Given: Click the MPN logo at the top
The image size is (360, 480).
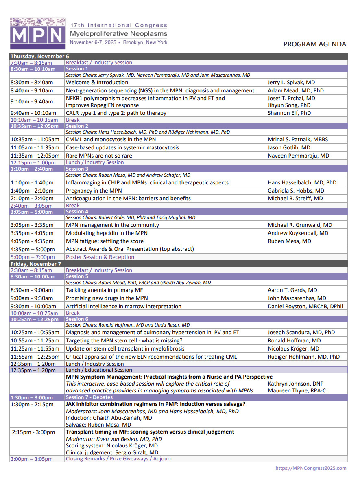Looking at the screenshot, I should (37, 31).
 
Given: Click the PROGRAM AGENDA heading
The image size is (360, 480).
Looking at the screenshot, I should (314, 44).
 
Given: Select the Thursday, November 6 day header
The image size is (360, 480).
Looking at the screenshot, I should (40, 57).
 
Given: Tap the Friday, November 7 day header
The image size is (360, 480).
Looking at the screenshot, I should (36, 264).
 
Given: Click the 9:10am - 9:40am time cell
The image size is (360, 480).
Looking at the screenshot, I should (32, 102).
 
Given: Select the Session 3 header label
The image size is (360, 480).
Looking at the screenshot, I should (77, 169).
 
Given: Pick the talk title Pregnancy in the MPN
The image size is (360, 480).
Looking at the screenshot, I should (94, 191).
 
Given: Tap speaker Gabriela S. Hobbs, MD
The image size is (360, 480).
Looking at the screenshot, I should (296, 191).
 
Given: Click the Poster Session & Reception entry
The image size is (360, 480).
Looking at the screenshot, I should (100, 257).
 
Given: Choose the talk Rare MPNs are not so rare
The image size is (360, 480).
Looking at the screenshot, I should (99, 156).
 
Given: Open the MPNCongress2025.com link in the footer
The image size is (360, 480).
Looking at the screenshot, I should (311, 468).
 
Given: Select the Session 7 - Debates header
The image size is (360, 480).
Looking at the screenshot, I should (89, 397).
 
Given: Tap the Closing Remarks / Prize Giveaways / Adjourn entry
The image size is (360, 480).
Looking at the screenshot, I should (119, 459).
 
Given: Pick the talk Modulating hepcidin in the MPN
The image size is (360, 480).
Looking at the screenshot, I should (107, 233).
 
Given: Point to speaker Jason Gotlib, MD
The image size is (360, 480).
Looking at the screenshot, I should (289, 147).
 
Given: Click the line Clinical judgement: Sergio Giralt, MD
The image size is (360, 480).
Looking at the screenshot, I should (112, 452).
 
